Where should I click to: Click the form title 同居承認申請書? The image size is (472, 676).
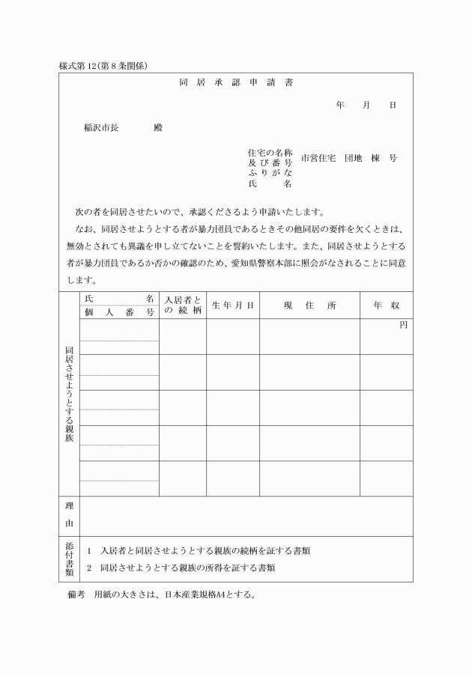236,82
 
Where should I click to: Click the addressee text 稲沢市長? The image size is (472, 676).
100,127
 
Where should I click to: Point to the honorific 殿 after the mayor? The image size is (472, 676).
158,127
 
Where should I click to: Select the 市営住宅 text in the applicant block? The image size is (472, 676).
318,159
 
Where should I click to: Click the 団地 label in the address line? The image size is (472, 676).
354,159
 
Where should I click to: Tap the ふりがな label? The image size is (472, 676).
270,173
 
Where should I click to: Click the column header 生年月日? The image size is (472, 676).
233,305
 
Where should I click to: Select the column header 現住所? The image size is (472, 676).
310,305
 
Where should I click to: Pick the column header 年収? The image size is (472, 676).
387,305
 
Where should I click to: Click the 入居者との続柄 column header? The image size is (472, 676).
183,305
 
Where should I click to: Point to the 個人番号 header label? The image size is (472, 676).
119,311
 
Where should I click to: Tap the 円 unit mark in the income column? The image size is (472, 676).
403,325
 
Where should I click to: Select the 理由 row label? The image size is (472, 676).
69,516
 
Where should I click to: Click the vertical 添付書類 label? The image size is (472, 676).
69,558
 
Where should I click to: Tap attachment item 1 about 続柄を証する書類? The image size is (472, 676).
199,551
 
